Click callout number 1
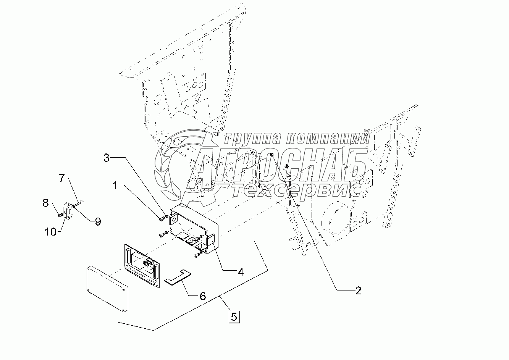tap(115, 186)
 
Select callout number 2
tap(357, 291)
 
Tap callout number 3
tap(107, 157)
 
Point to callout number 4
tap(240, 272)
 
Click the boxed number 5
tap(234, 316)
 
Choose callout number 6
tap(202, 295)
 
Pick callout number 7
tap(62, 178)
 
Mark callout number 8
tap(45, 203)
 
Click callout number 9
tap(98, 221)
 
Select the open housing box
tap(192, 228)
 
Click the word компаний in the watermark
tap(328, 138)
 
